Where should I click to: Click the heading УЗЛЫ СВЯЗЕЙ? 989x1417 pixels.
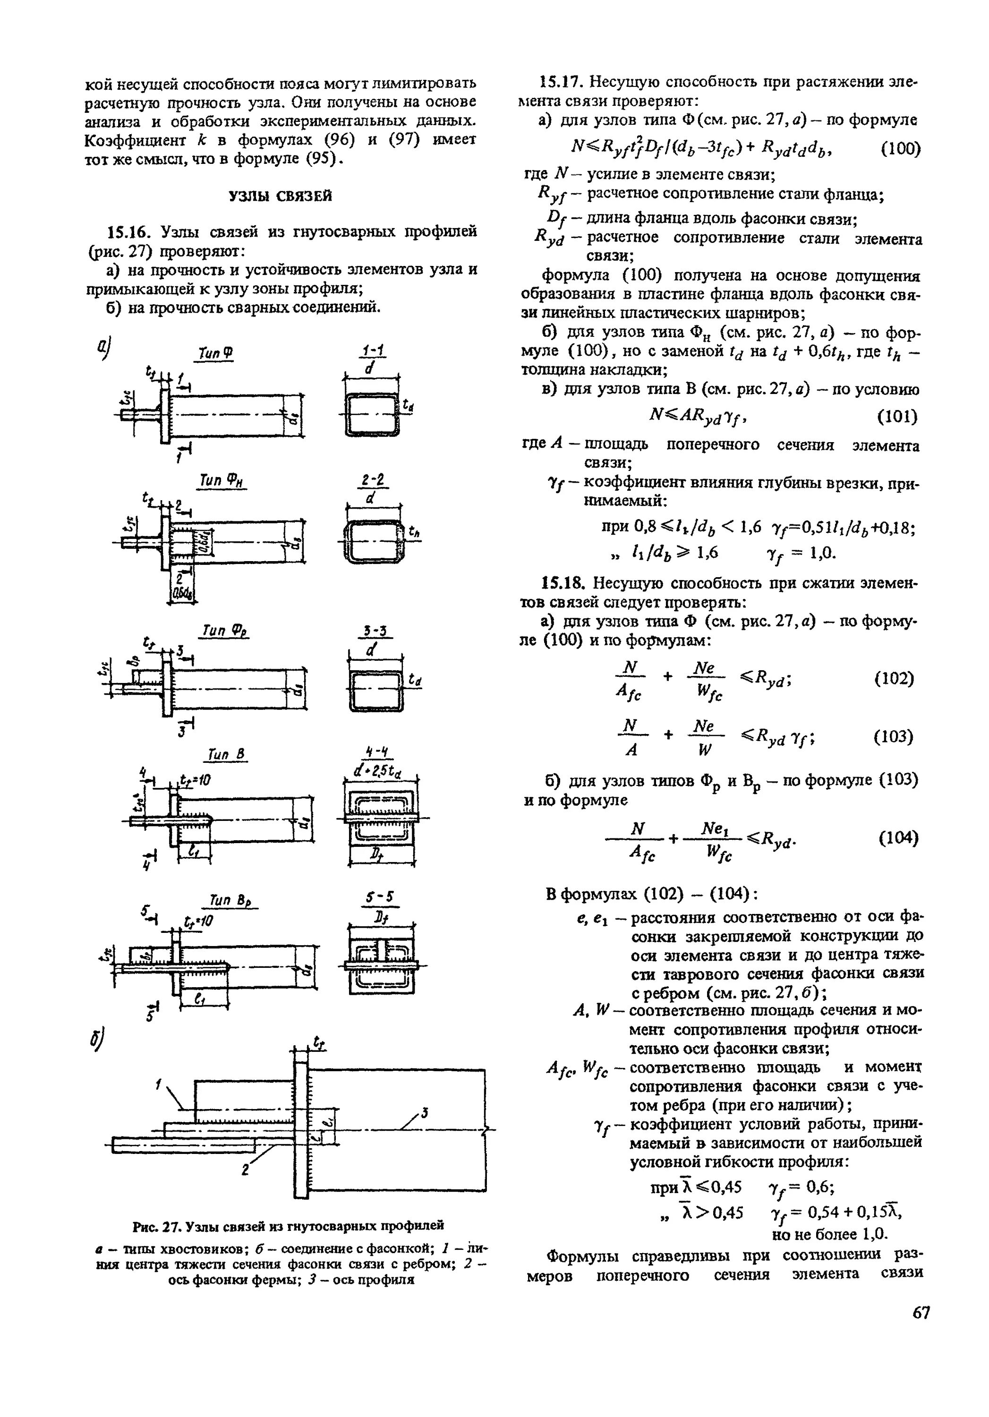point(280,196)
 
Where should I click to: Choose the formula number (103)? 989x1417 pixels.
point(894,736)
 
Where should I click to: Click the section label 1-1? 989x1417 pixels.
point(373,350)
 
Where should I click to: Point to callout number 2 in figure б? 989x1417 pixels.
point(245,1169)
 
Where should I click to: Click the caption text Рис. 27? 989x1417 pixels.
point(157,1224)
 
